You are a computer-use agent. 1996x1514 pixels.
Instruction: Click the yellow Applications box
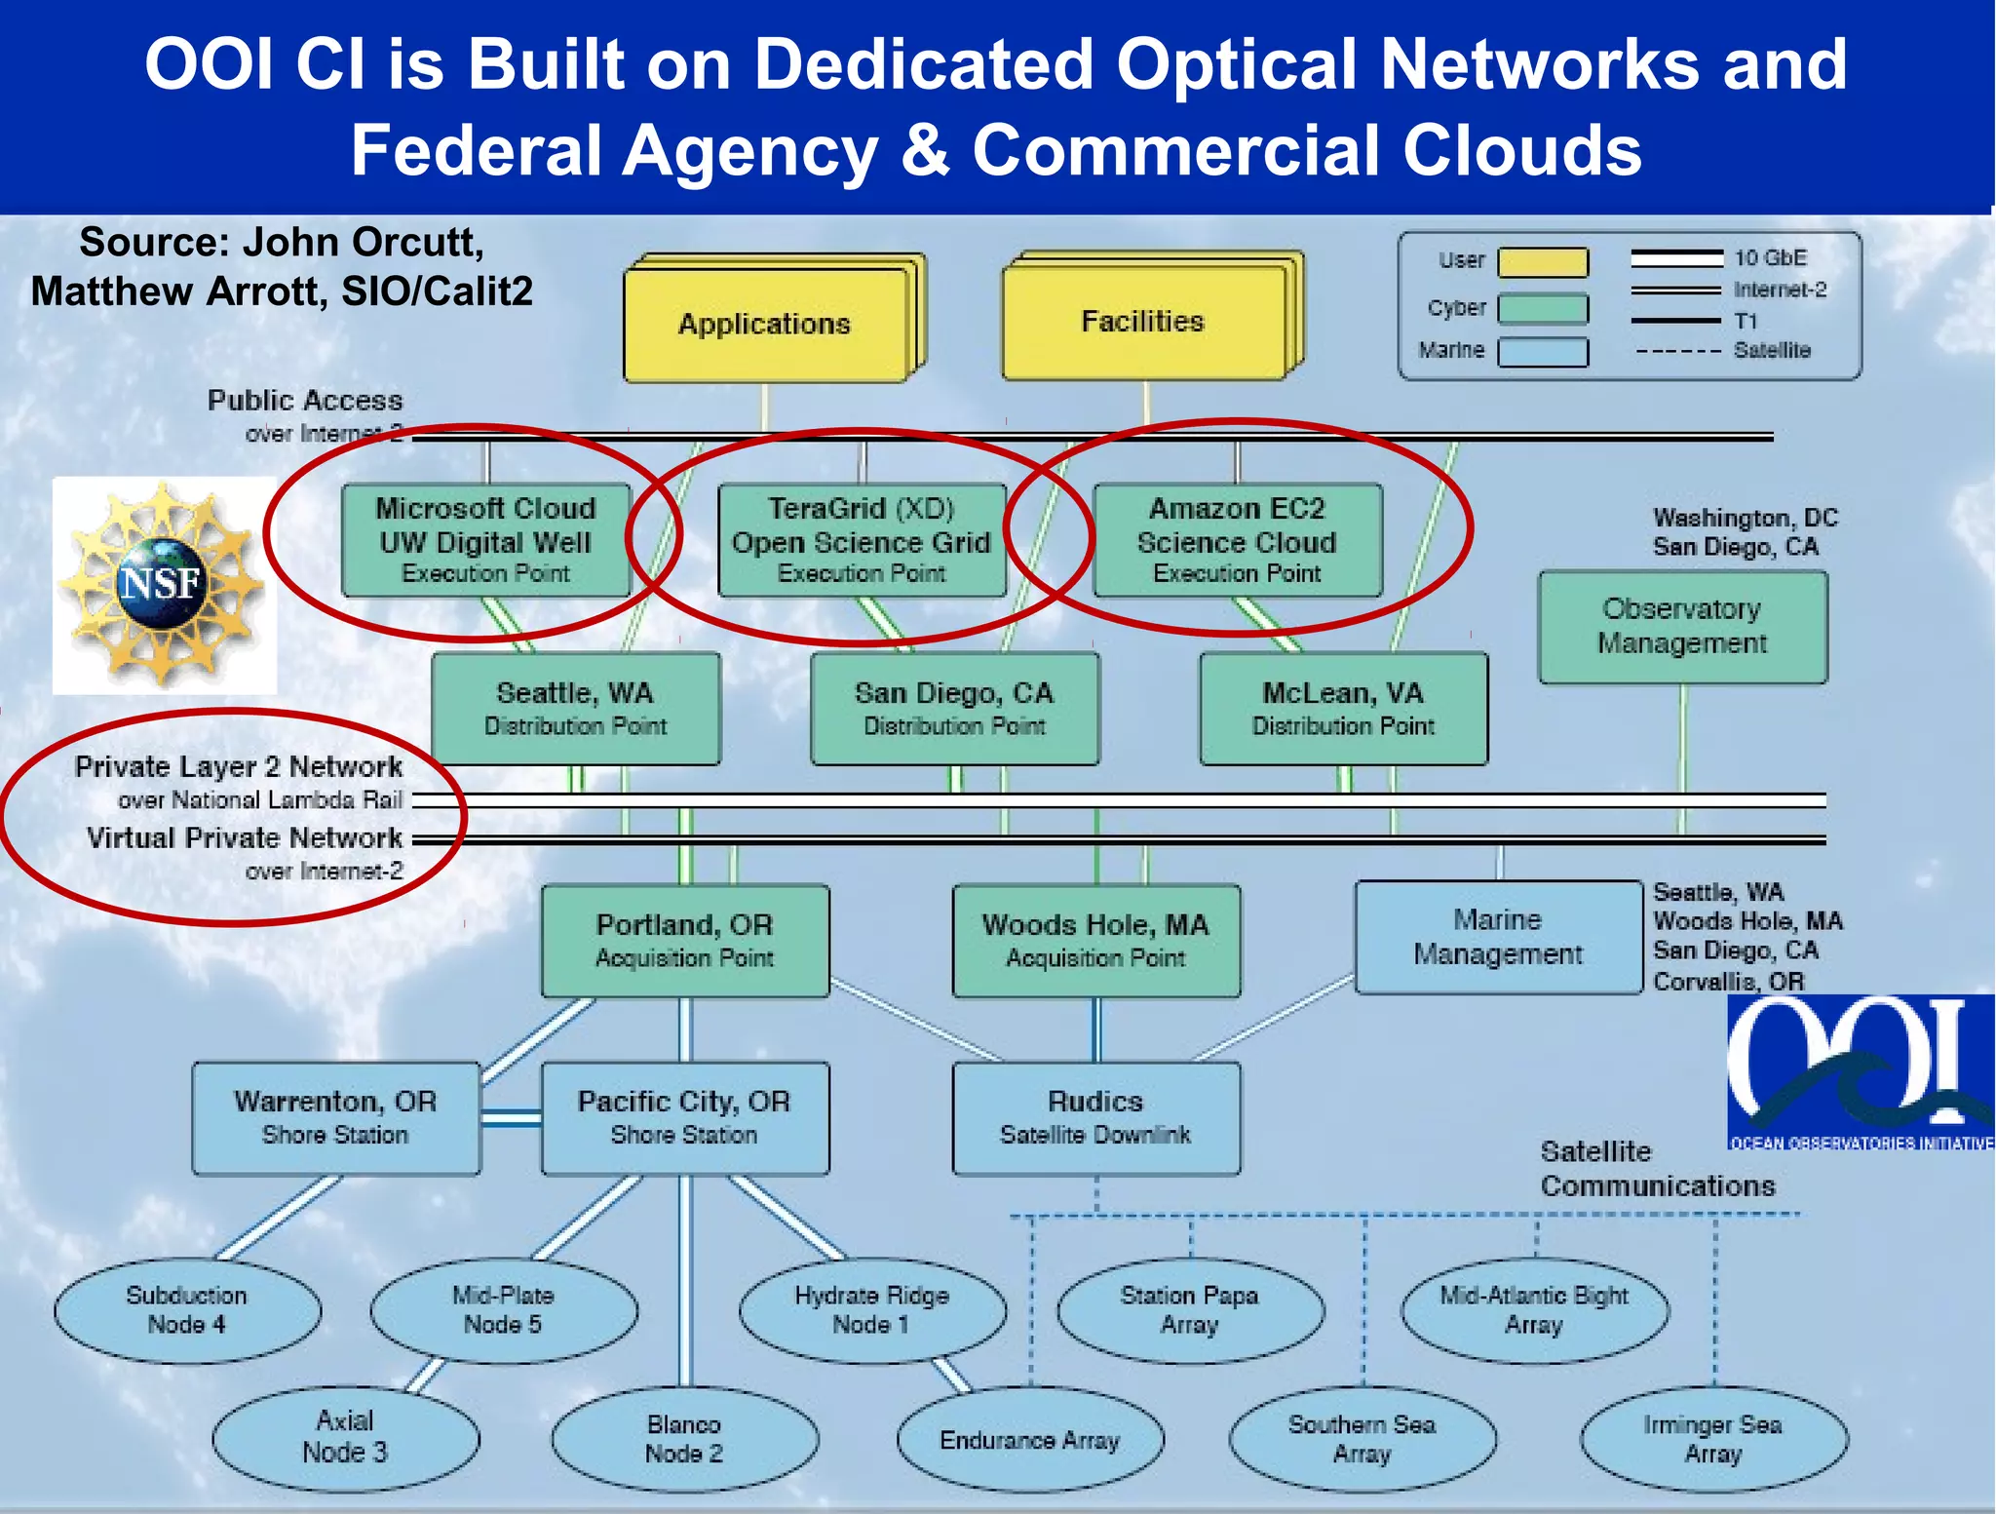click(766, 324)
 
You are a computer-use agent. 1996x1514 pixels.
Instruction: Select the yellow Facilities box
click(1144, 322)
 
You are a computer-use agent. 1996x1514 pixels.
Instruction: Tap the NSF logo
click(163, 585)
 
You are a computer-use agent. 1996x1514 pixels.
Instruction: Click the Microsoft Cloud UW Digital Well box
click(485, 540)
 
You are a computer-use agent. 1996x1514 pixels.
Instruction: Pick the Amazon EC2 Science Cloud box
click(1237, 540)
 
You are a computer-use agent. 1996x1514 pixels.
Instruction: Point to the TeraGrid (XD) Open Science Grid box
click(862, 540)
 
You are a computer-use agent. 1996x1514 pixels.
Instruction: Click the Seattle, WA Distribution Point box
click(575, 709)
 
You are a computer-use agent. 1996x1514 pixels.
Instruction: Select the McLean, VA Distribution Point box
click(1343, 709)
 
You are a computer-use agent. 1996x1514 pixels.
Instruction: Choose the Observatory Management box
click(1682, 627)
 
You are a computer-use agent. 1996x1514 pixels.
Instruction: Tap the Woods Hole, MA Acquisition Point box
click(1095, 941)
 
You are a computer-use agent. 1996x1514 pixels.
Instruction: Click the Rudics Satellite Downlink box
click(1095, 1118)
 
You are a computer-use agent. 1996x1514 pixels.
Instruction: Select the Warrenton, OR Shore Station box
click(335, 1118)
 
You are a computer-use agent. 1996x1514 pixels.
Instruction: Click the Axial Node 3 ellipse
click(345, 1437)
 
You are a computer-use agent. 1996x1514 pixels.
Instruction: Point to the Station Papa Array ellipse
click(1189, 1310)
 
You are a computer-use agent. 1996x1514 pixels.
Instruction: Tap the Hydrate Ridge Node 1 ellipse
click(871, 1310)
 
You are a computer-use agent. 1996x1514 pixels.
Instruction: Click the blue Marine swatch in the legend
click(1542, 352)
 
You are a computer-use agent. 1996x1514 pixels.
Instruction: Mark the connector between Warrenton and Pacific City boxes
click(511, 1118)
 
